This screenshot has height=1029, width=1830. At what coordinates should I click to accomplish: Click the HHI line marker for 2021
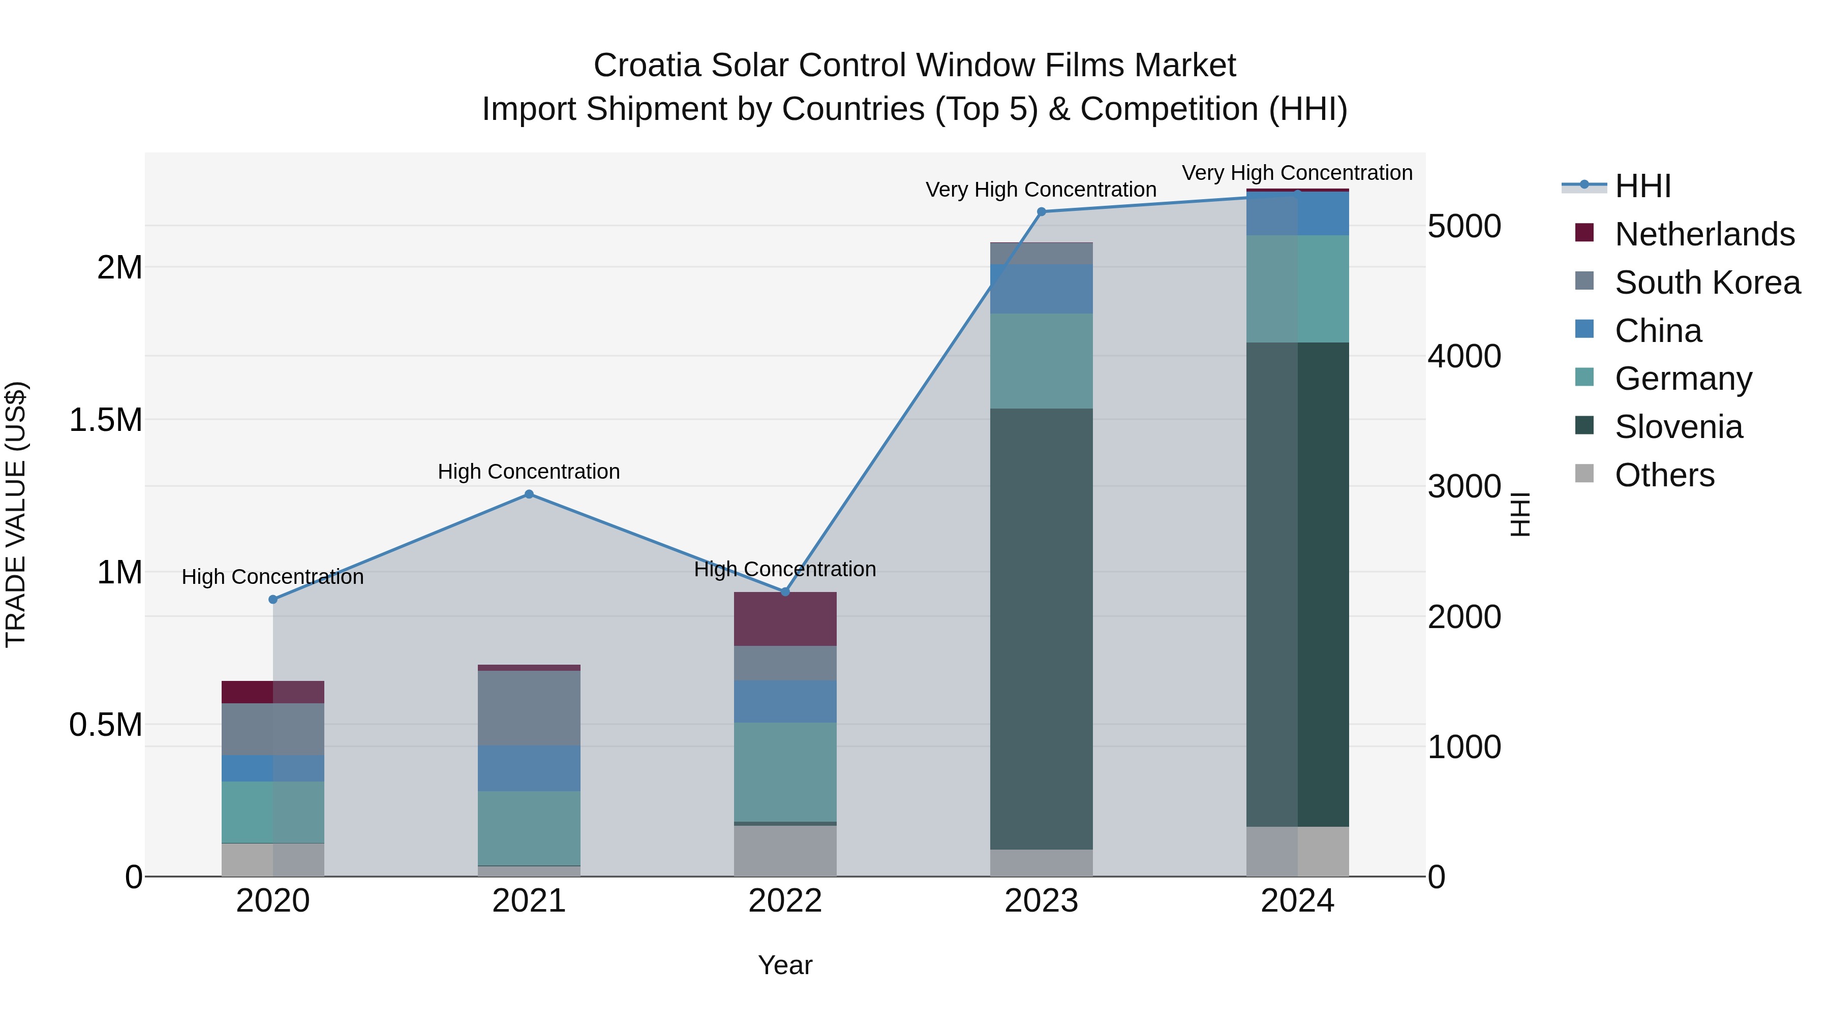(529, 494)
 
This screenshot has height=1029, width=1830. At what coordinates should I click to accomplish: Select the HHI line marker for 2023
(1042, 211)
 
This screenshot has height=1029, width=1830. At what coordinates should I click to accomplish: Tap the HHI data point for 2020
(273, 600)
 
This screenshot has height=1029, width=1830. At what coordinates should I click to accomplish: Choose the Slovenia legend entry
(1678, 427)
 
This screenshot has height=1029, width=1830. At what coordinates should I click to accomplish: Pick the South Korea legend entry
(1706, 283)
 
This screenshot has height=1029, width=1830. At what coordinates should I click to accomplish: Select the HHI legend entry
(1642, 186)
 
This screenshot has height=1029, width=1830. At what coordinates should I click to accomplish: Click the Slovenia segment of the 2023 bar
(1042, 629)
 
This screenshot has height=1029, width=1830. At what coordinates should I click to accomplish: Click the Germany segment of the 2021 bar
(529, 828)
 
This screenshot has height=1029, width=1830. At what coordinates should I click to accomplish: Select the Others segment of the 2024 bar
(1297, 852)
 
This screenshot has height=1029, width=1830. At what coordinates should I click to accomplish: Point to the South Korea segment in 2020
(273, 729)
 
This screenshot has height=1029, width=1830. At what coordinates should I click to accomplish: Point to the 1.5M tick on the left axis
(106, 420)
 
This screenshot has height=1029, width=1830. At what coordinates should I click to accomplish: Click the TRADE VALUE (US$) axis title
(16, 514)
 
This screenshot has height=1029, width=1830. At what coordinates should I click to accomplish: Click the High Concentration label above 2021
(529, 472)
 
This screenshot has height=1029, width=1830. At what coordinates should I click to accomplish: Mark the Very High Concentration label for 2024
(1297, 173)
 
